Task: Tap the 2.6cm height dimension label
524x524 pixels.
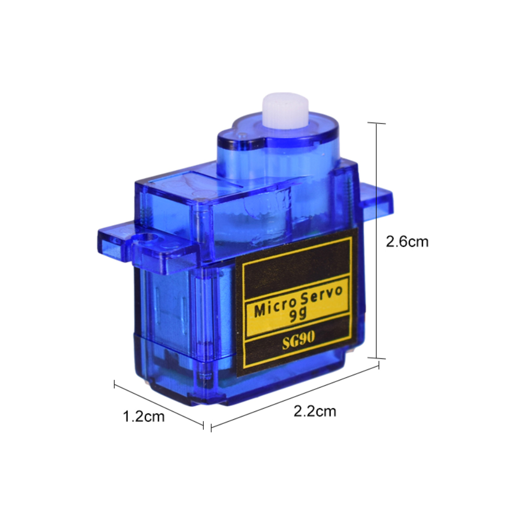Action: (x=407, y=242)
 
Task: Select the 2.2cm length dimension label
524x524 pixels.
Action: (x=314, y=411)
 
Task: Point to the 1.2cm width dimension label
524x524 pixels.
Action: (x=144, y=417)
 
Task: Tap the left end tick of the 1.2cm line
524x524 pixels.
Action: (x=115, y=385)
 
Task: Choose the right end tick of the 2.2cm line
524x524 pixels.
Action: (x=378, y=367)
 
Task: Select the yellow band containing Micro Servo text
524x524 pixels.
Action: (x=297, y=306)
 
